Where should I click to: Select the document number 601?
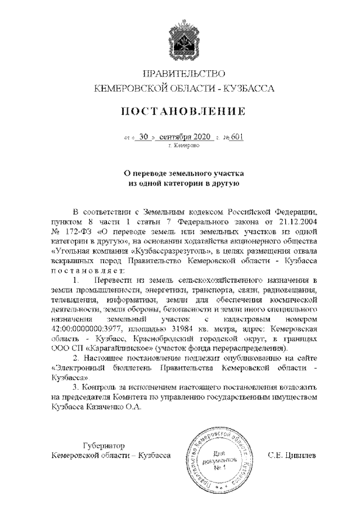pos(237,137)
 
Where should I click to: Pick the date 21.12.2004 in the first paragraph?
pos(299,222)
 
